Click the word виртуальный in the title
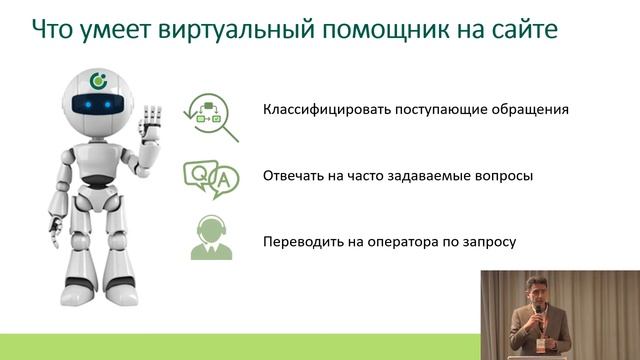tap(214, 29)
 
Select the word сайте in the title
tap(520, 29)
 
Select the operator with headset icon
tap(211, 240)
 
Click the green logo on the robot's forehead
tap(98, 79)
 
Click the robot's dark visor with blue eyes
tap(96, 103)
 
